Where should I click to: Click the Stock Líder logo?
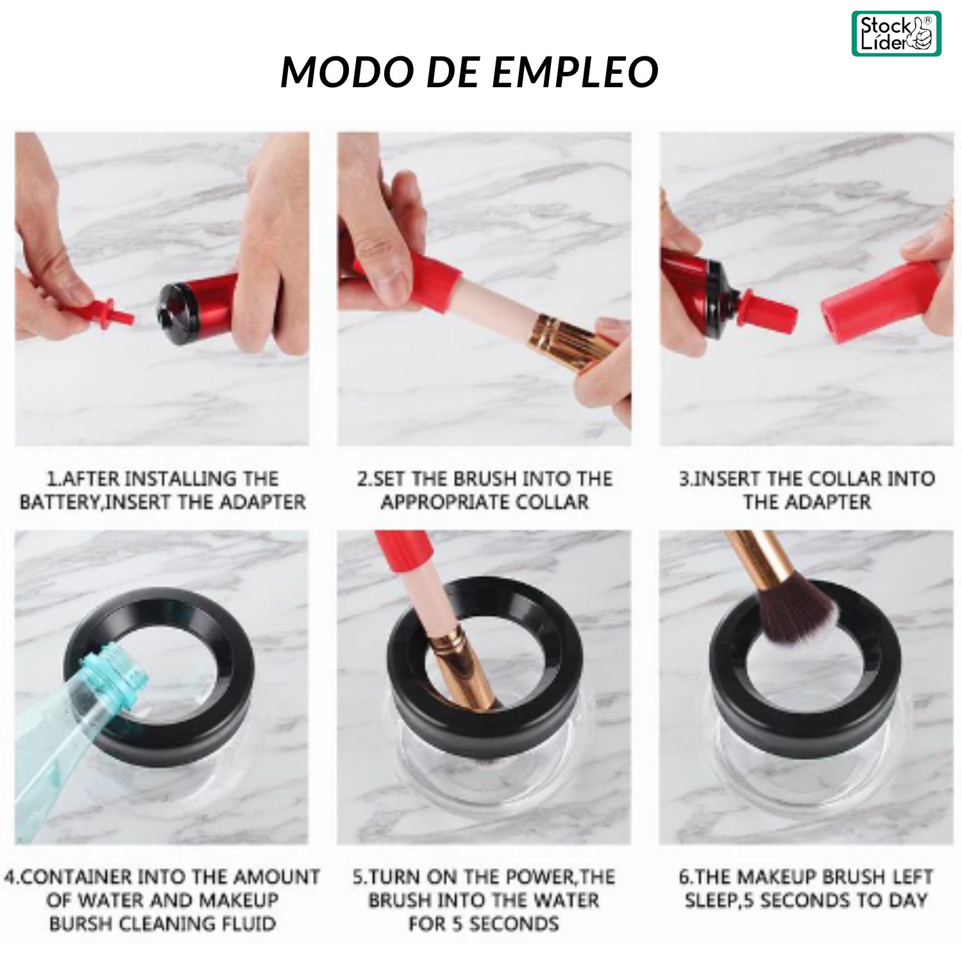click(x=896, y=33)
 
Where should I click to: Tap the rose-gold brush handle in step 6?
click(x=757, y=558)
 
